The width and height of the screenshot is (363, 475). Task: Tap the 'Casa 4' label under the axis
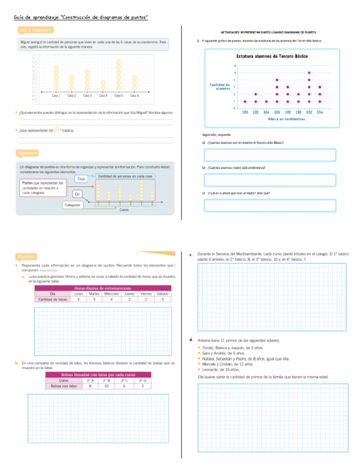coord(103,95)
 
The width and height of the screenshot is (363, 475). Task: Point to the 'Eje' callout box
coord(77,194)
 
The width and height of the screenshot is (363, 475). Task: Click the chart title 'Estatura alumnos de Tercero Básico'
coord(272,56)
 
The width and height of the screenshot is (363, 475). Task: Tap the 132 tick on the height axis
coord(309,112)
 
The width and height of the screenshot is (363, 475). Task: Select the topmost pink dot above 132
coord(309,73)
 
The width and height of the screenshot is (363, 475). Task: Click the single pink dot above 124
coord(266,101)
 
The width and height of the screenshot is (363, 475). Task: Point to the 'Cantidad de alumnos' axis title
coord(220,86)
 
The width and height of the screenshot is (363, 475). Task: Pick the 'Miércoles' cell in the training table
coord(111,293)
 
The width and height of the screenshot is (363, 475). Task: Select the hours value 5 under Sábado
coord(163,299)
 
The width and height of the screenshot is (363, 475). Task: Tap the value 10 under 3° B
coord(107,386)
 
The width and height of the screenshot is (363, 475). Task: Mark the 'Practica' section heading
coord(26,256)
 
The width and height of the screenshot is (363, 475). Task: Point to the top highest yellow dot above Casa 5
coord(119,62)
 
